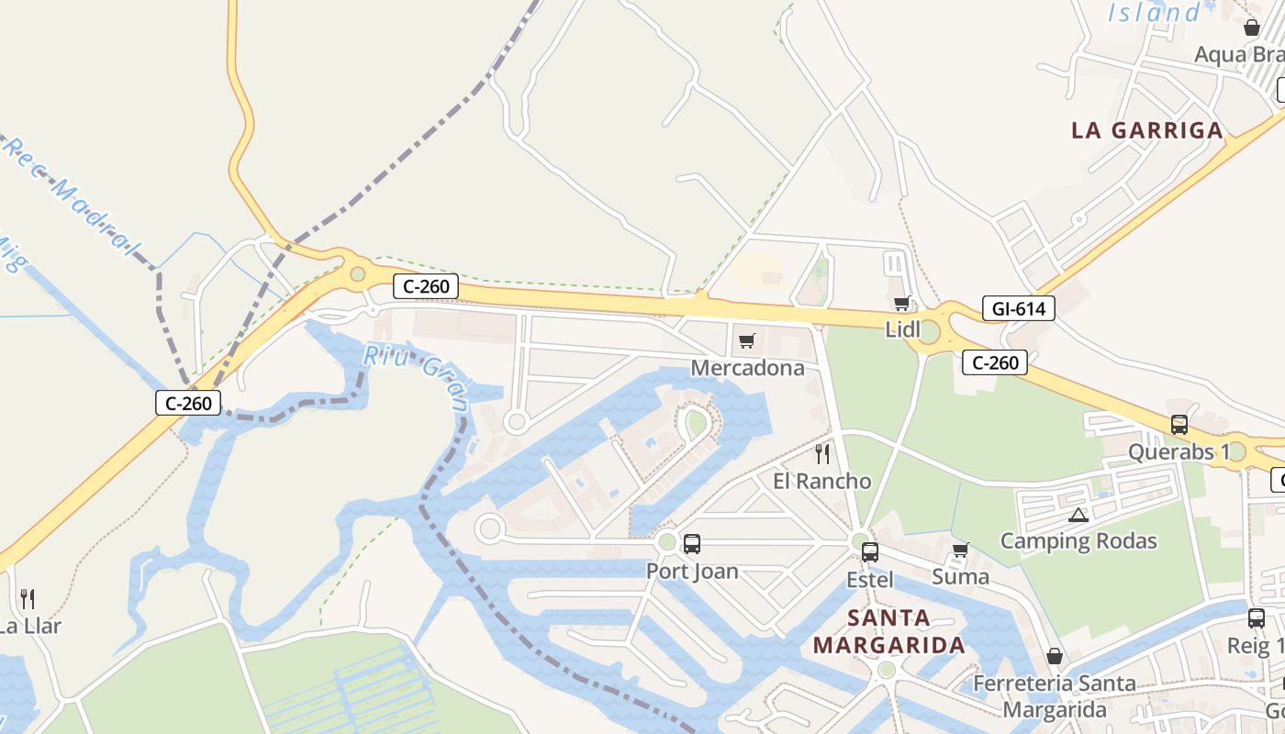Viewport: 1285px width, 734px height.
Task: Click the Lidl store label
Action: (902, 328)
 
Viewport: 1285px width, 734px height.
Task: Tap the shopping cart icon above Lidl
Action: (901, 304)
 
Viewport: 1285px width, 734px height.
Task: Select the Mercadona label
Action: (747, 368)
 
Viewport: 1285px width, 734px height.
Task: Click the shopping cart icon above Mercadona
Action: (746, 341)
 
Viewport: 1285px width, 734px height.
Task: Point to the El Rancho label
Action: (821, 481)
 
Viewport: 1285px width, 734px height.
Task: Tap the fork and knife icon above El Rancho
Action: (822, 453)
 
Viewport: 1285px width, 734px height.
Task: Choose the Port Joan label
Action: (692, 571)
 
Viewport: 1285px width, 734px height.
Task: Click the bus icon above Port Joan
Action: (692, 544)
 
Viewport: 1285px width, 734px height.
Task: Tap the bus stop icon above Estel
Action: (869, 552)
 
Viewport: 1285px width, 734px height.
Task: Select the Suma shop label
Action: (960, 576)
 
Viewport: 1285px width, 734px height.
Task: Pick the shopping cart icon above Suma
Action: (960, 550)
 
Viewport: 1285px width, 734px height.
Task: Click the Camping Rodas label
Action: (1078, 540)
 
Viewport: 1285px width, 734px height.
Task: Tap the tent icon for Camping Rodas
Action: (1078, 515)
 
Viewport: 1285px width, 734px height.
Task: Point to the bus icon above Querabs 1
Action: (1179, 425)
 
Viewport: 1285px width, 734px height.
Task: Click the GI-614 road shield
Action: (1018, 309)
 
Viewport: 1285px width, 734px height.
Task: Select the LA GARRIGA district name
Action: (1147, 130)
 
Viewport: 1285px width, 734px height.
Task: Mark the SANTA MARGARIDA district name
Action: (888, 631)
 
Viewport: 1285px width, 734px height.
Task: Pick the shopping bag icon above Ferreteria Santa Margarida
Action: (1055, 657)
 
